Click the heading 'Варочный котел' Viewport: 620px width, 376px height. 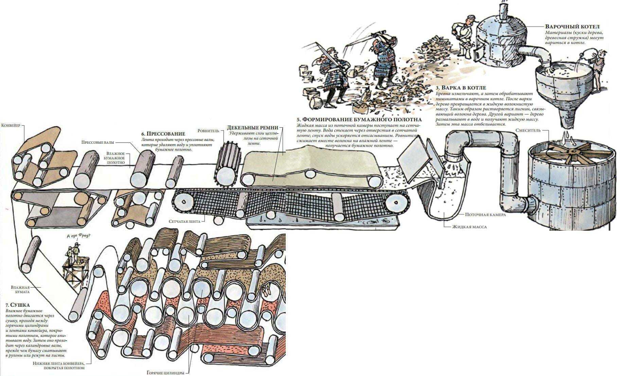coord(572,26)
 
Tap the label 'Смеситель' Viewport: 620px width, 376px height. coord(527,130)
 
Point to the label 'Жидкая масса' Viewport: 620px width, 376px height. coord(469,227)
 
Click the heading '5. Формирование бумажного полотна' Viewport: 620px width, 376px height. coord(359,120)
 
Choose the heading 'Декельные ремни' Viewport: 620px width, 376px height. coord(252,128)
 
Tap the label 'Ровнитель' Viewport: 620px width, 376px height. coord(209,131)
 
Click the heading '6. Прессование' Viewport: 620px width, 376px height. coord(163,134)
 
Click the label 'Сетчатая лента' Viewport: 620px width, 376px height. coord(184,221)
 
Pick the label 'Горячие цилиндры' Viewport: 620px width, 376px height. coord(165,373)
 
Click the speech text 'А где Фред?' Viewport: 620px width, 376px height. coord(79,236)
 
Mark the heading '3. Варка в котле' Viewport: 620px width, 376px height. coord(461,88)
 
